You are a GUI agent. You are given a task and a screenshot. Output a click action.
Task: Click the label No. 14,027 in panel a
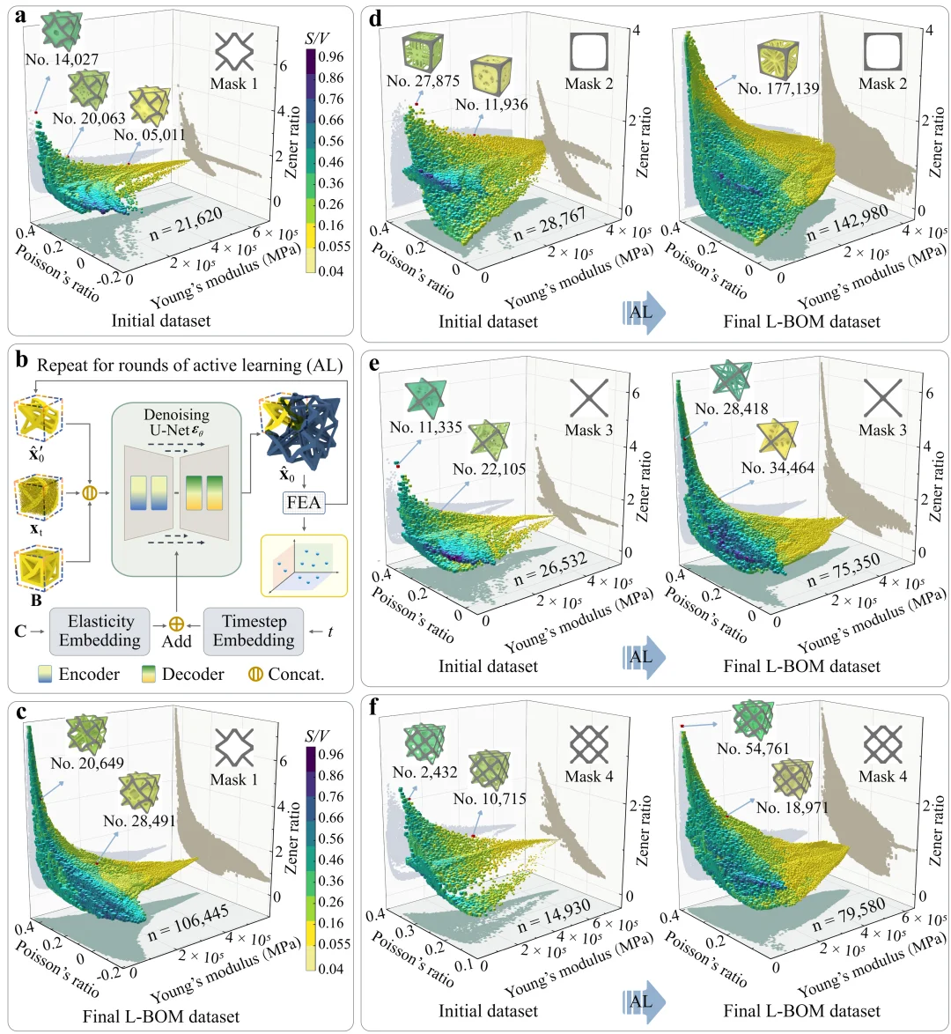tap(62, 60)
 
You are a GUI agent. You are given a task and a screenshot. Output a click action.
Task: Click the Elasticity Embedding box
tap(100, 631)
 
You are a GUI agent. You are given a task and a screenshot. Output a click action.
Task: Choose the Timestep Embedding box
tap(254, 631)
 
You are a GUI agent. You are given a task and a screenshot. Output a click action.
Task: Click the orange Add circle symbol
tap(176, 623)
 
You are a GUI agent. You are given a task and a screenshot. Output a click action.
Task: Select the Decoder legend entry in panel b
tap(182, 675)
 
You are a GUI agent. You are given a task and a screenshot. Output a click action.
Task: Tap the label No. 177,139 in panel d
tap(778, 88)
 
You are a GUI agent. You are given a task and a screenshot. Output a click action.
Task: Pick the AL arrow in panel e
tap(643, 656)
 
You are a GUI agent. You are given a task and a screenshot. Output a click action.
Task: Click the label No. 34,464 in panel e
tap(778, 468)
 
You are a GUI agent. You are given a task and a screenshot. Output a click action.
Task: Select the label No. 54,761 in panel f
tap(753, 749)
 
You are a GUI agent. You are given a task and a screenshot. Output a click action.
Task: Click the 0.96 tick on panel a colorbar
tap(330, 56)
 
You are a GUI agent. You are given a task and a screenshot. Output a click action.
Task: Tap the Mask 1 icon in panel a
tap(234, 51)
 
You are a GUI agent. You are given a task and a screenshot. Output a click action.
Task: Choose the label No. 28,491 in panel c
tap(139, 821)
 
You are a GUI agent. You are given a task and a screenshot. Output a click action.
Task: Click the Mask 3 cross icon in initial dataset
tap(588, 397)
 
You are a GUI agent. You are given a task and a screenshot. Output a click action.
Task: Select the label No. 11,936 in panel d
tap(491, 105)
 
